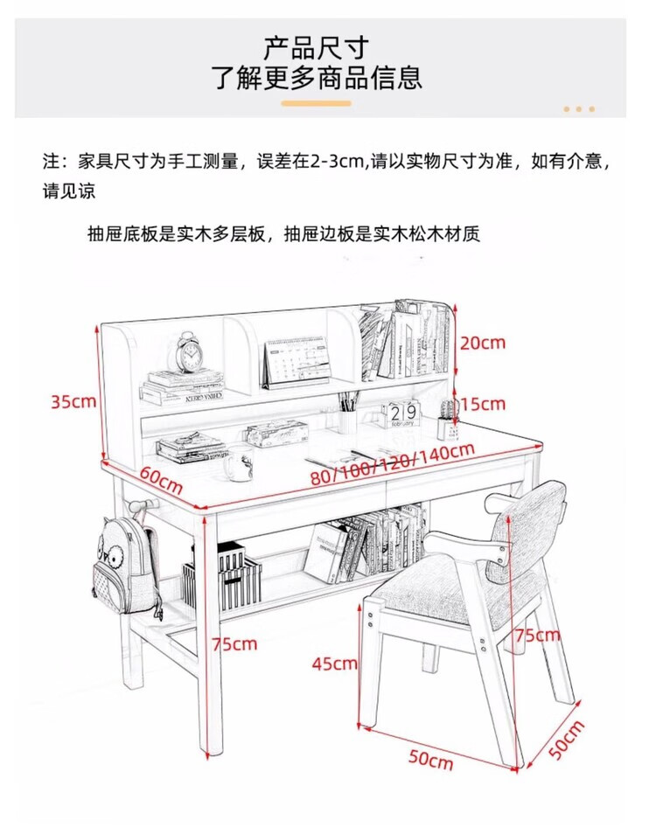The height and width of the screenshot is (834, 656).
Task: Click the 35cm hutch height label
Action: (73, 402)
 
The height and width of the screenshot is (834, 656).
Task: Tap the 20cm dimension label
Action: (483, 343)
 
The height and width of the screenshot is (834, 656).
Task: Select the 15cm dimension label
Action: (483, 404)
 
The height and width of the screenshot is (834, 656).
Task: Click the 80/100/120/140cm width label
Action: (392, 466)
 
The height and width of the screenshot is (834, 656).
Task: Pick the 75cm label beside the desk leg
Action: (235, 644)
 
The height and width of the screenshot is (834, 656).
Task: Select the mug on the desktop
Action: (237, 465)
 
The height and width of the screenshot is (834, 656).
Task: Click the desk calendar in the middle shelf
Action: (297, 360)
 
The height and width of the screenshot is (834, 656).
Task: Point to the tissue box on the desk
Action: (277, 433)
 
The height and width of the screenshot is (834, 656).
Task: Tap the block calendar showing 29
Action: (401, 414)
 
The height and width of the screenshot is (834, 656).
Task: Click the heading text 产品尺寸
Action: (317, 47)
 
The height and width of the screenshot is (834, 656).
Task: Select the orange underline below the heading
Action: (316, 103)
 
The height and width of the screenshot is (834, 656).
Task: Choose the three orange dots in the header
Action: (578, 109)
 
